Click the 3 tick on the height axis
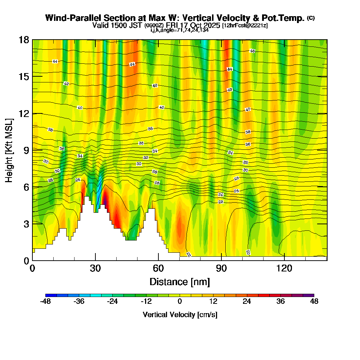click(26, 224)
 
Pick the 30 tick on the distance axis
click(95, 268)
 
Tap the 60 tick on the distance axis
click(158, 268)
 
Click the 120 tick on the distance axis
click(284, 268)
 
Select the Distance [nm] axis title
click(180, 281)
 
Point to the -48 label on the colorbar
click(45, 302)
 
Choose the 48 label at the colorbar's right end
click(314, 302)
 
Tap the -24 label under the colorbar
click(113, 302)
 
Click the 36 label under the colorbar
click(280, 302)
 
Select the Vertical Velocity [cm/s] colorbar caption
click(180, 315)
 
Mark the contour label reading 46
click(252, 51)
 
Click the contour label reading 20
click(248, 252)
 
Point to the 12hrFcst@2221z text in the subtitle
click(245, 26)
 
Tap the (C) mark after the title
click(311, 18)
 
